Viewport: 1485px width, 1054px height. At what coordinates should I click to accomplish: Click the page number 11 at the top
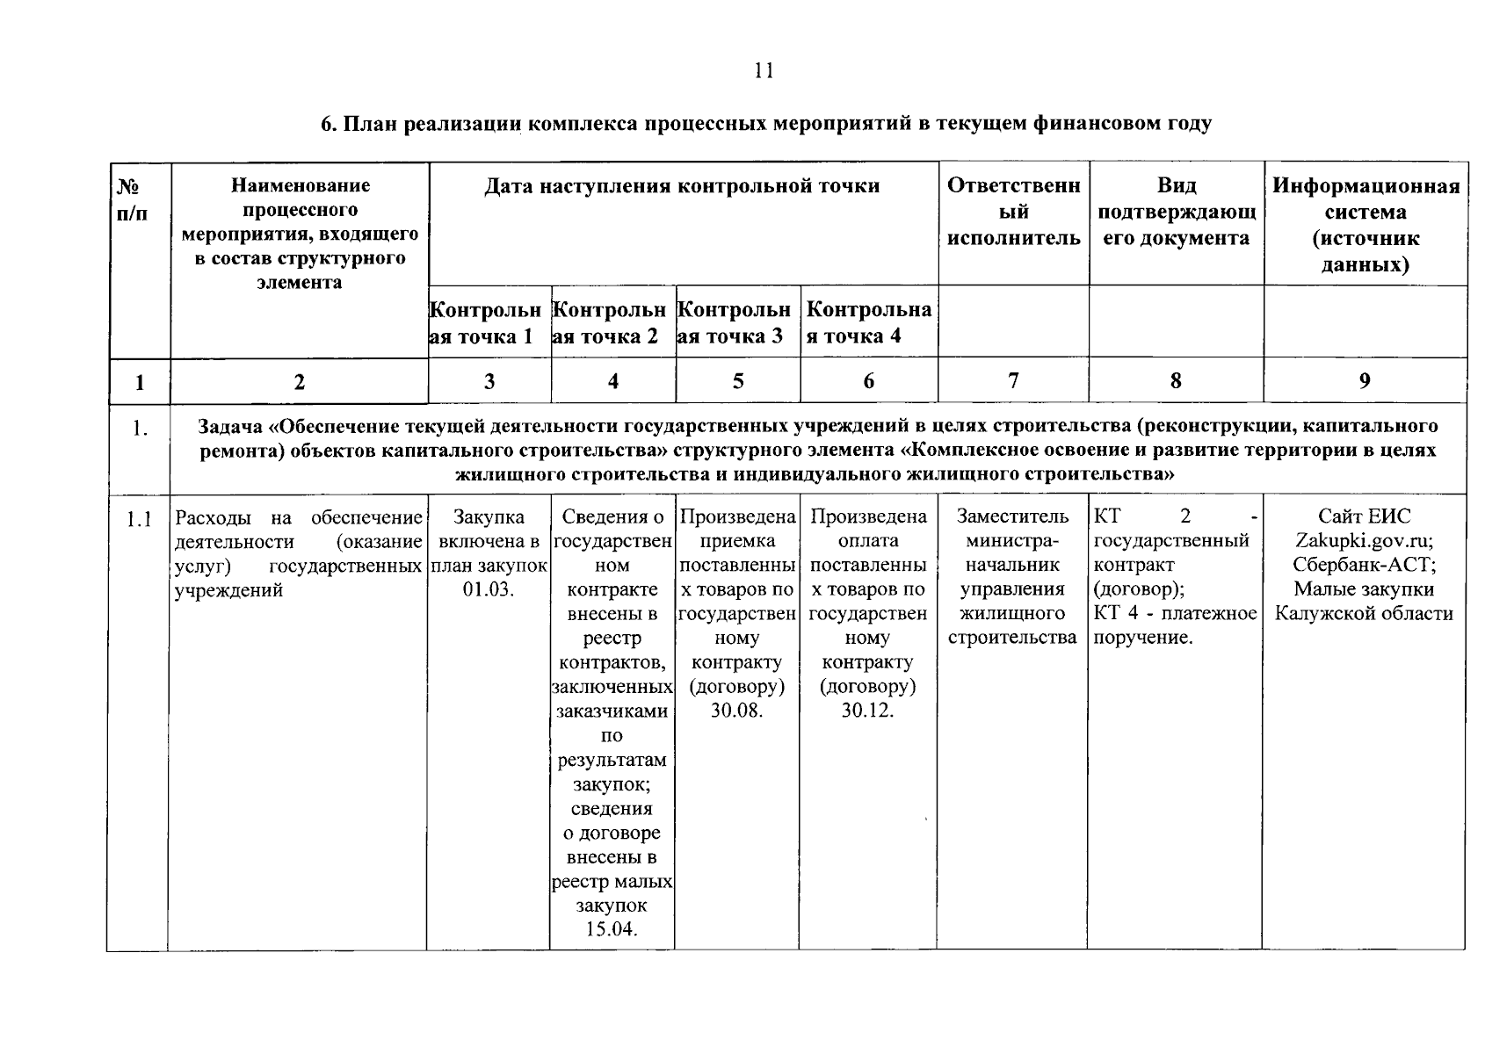pos(764,71)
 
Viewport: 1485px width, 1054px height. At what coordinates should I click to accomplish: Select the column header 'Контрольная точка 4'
pos(868,323)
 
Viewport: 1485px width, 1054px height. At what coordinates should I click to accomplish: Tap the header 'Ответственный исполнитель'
pos(1013,212)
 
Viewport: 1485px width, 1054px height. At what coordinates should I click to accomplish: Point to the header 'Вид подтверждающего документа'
pos(1176,212)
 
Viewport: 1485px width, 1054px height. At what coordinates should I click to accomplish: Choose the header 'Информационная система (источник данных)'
pos(1365,225)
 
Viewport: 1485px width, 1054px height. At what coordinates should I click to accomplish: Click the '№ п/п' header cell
pos(132,199)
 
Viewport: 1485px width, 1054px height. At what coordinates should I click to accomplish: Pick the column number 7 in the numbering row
pos(1013,380)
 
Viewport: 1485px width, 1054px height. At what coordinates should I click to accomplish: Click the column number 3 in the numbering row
pos(489,381)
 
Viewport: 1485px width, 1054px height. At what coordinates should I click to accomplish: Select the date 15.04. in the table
pos(612,929)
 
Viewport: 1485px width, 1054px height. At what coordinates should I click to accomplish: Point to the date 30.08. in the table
pos(736,711)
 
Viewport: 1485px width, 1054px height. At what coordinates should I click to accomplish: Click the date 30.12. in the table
pos(867,711)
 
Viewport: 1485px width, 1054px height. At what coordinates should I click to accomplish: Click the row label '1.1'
pos(138,520)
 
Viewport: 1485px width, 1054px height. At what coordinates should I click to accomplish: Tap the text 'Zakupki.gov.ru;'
pos(1364,541)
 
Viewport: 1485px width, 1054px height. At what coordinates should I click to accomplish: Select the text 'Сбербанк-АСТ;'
pos(1364,565)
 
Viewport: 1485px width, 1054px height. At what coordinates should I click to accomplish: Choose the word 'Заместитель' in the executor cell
pos(1012,516)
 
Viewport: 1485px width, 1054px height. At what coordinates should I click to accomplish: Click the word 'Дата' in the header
pos(509,186)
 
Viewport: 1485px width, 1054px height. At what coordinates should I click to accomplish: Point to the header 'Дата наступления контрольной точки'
pos(682,186)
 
